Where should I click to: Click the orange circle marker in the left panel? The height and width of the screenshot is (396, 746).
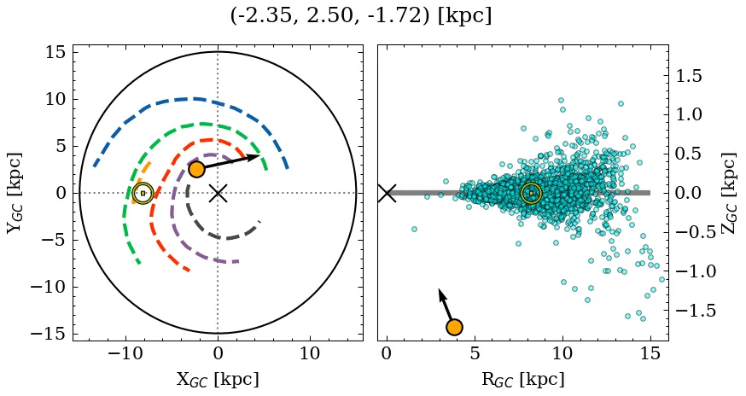coord(196,169)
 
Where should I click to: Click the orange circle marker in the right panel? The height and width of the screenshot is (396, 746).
coord(454,327)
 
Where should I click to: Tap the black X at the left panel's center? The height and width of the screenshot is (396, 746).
coord(218,193)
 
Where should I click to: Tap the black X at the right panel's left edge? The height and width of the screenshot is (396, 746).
coord(387,193)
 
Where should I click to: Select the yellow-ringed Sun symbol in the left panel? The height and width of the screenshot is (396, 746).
coord(143,193)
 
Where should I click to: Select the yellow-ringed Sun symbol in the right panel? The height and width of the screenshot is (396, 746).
coord(531,193)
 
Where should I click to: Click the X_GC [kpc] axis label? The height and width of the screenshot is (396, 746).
coord(217,379)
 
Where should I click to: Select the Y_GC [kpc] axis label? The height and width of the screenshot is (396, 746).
coord(15,193)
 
